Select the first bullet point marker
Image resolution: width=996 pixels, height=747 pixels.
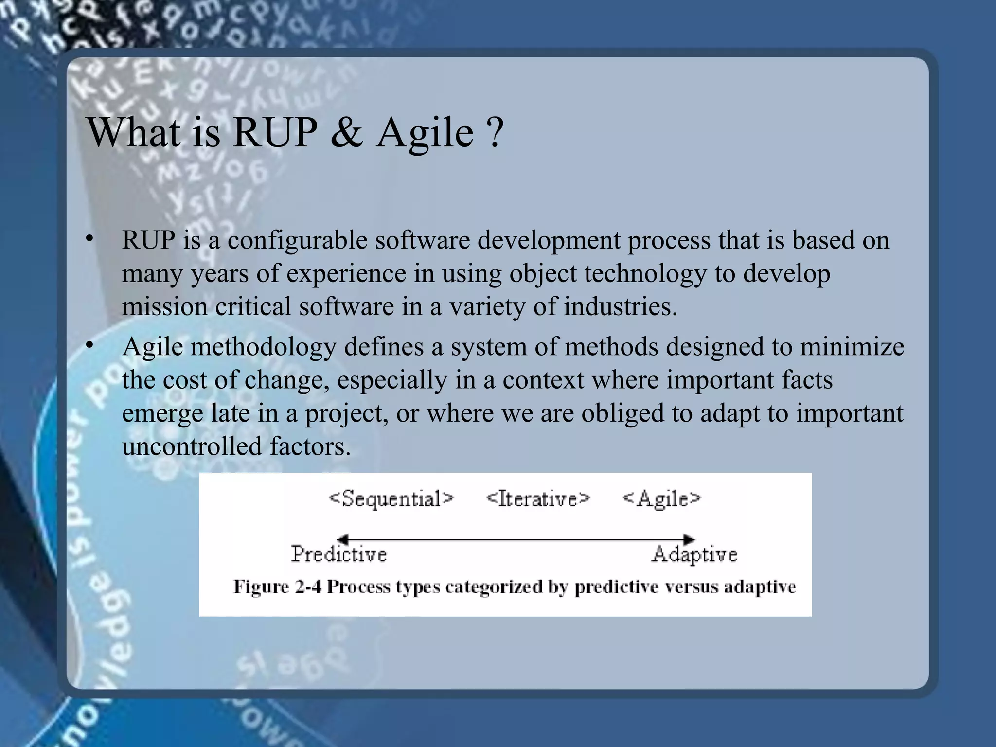point(89,239)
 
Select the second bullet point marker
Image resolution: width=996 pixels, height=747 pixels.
point(89,345)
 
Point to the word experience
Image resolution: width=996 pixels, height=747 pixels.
point(346,274)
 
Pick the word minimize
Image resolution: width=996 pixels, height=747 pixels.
point(852,347)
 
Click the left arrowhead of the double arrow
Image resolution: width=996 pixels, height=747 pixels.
point(342,539)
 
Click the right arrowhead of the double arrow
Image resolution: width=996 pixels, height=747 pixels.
point(689,539)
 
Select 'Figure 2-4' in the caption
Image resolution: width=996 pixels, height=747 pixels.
point(277,587)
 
